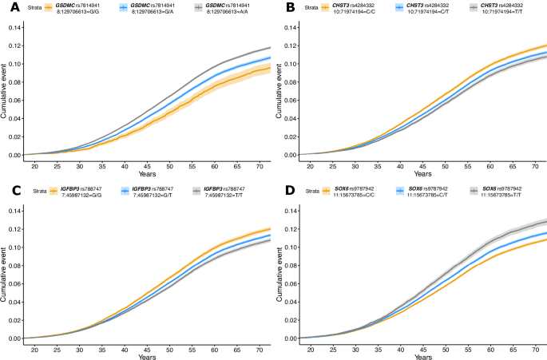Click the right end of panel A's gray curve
pyautogui.click(x=270, y=48)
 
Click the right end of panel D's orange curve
pyautogui.click(x=545, y=239)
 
